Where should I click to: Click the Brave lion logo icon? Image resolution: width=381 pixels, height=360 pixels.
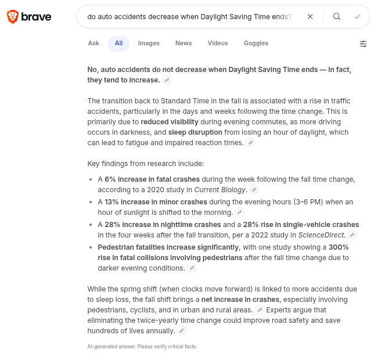[x=12, y=17]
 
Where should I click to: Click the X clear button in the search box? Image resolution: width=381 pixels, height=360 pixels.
[x=310, y=17]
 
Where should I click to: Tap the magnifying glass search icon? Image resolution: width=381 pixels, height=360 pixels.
[x=337, y=17]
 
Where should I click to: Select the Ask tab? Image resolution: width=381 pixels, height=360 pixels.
[x=94, y=43]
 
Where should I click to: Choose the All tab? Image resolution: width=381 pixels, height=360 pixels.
[x=118, y=43]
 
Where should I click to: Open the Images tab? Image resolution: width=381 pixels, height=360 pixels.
[x=149, y=43]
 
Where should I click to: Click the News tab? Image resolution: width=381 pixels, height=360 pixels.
[x=184, y=43]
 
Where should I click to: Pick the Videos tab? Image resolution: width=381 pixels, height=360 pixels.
[x=218, y=43]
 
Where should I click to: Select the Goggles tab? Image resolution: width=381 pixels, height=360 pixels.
[x=256, y=43]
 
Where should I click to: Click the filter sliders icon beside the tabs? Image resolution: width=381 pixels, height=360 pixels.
[x=363, y=44]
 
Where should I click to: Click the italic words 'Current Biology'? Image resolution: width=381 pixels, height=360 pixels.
[x=221, y=189]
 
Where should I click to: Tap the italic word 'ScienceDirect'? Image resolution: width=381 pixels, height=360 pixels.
[x=321, y=235]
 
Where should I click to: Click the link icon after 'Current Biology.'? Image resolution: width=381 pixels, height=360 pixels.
[x=254, y=190]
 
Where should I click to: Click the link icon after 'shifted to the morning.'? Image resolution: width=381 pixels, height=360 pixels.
[x=239, y=213]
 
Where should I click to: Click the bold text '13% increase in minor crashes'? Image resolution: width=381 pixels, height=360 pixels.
[x=156, y=202]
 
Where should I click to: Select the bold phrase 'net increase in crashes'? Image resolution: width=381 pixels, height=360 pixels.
[x=240, y=300]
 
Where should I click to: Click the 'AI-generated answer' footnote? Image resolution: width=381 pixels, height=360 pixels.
[x=142, y=347]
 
